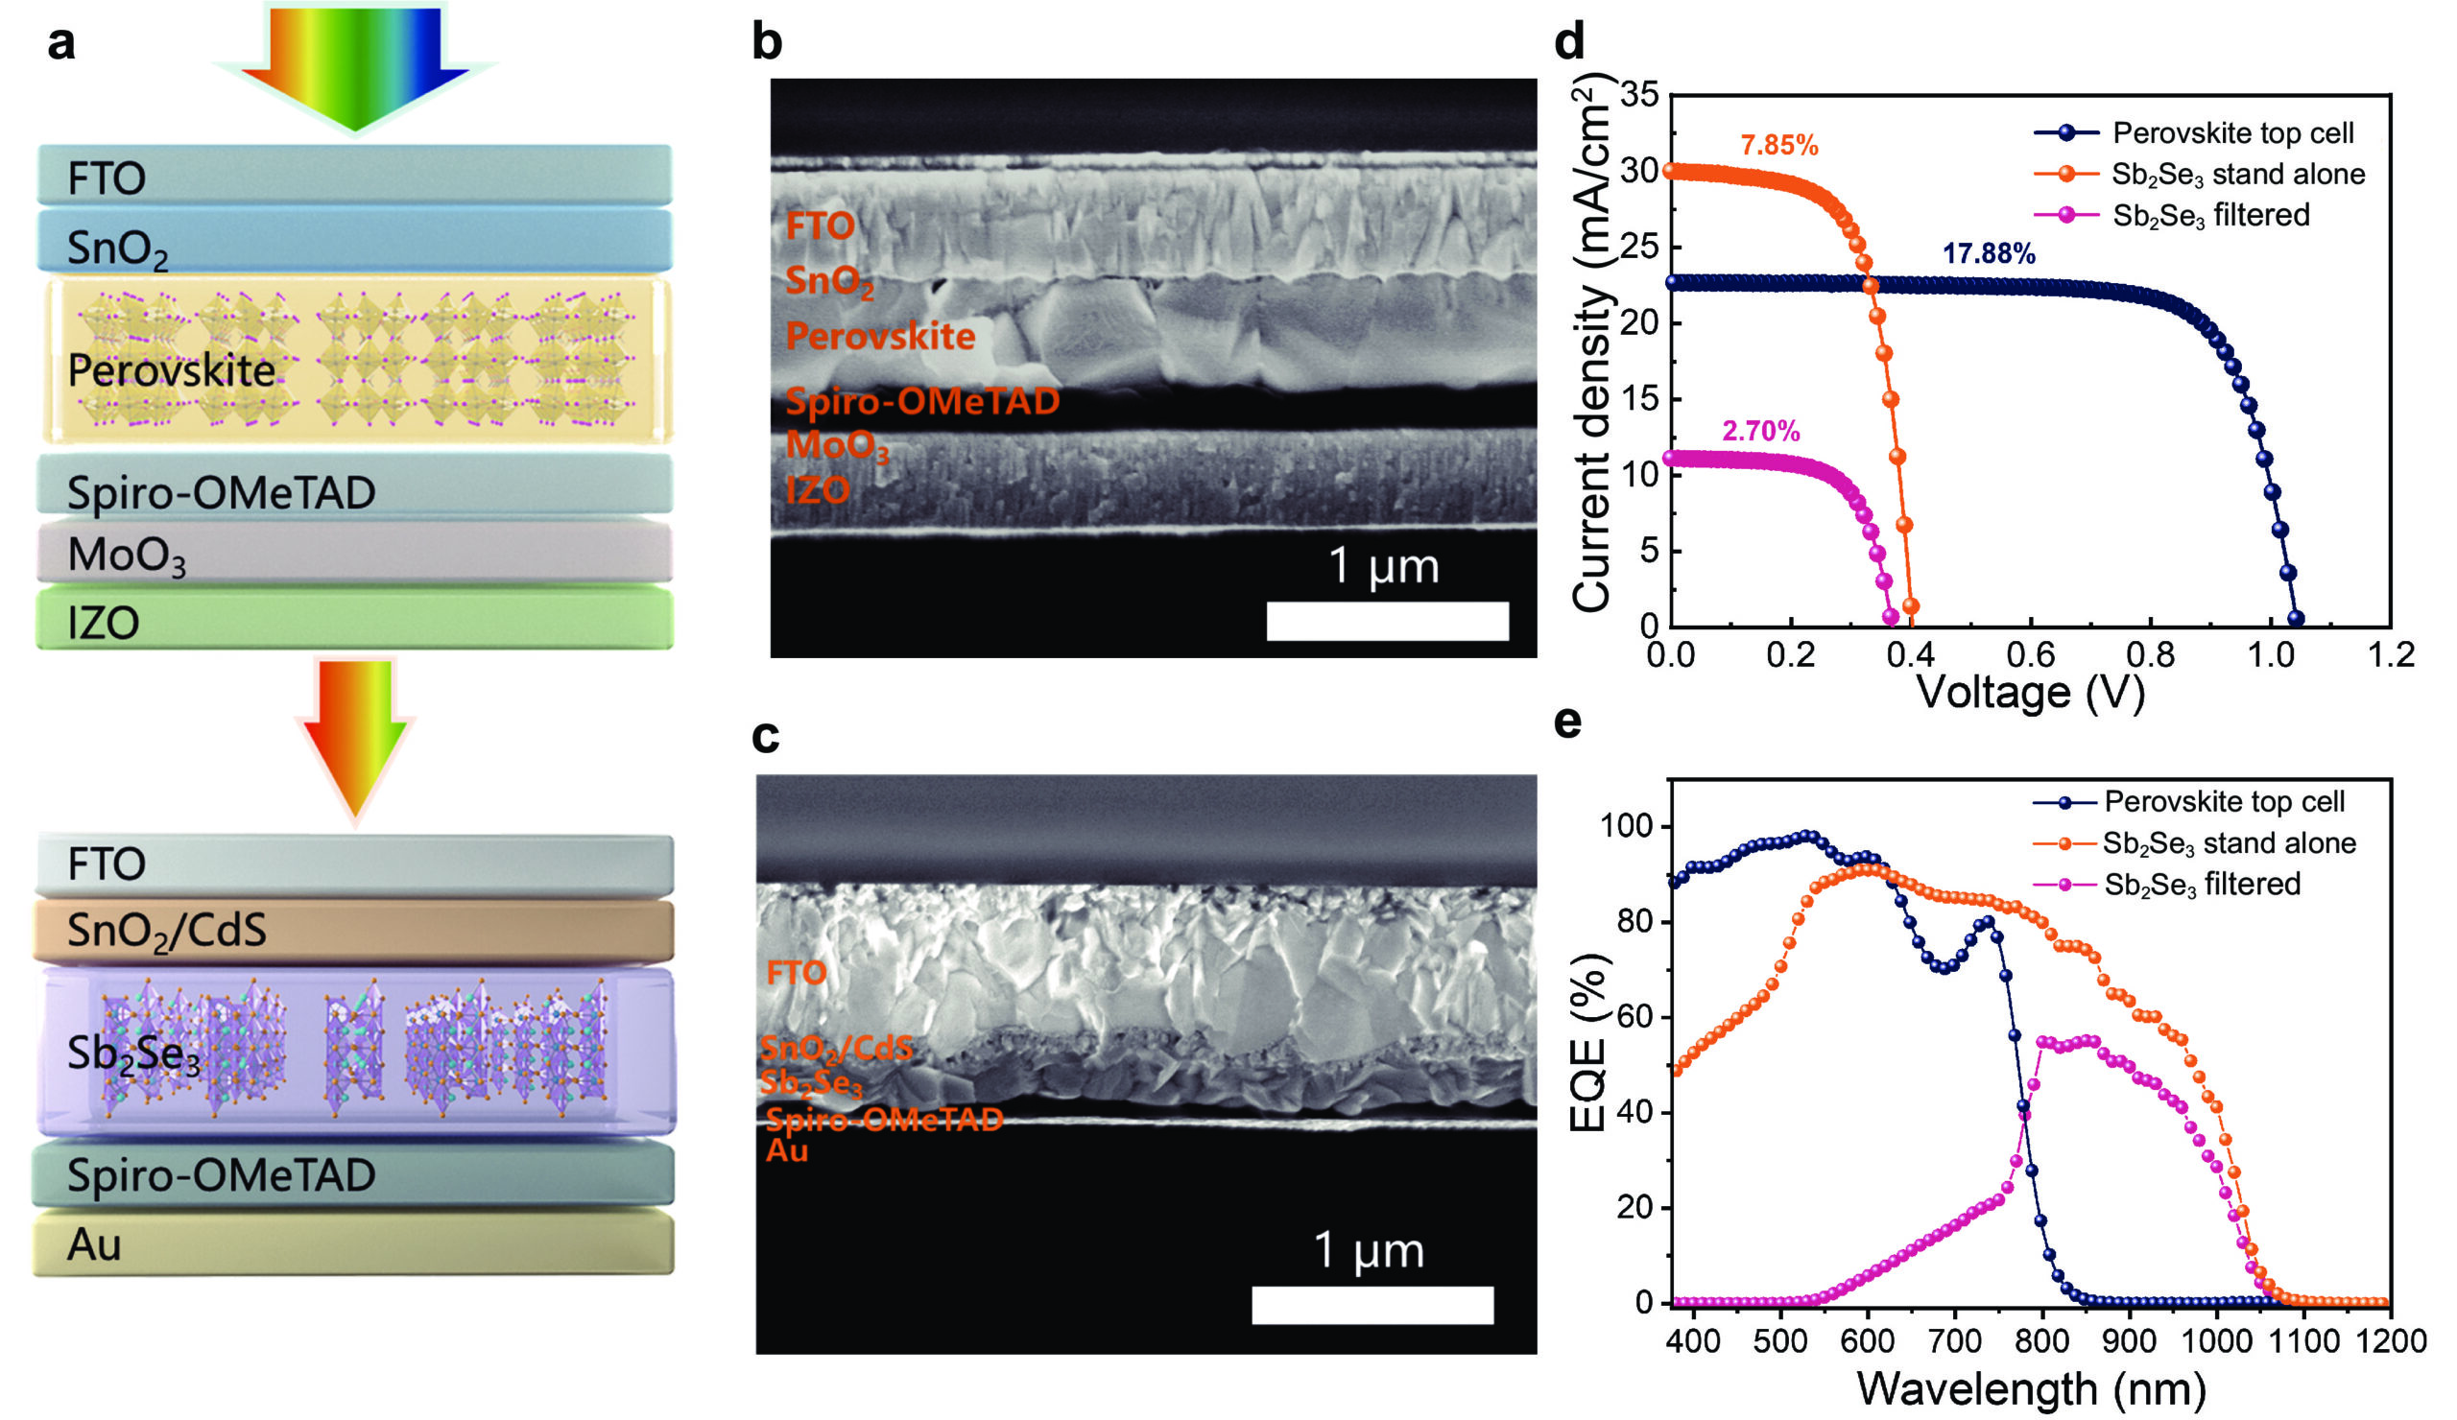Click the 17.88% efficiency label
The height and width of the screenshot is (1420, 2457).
[x=1988, y=254]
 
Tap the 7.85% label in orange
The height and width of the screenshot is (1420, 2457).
[x=1778, y=146]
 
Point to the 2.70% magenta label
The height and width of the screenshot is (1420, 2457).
[x=1761, y=431]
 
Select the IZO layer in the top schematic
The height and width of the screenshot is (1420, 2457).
[x=355, y=620]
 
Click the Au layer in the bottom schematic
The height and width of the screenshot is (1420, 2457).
[x=355, y=1243]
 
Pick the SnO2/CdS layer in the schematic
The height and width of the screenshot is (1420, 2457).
[x=355, y=930]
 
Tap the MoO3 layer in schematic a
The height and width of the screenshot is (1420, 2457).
[x=355, y=553]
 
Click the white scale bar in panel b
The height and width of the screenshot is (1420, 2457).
[x=1387, y=621]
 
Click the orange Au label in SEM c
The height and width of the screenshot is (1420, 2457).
[x=786, y=1151]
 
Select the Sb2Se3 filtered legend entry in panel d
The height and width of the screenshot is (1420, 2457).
[x=2210, y=215]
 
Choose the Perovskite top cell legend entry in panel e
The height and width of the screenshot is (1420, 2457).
[x=2223, y=802]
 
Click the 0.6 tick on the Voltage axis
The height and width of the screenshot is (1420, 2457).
[x=2031, y=654]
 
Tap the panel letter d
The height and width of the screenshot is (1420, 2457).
[x=1568, y=41]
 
